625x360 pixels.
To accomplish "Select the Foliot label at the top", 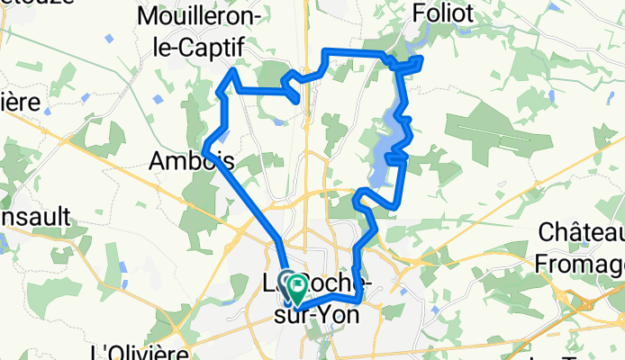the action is pos(442,14).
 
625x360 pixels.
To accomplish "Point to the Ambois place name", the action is pos(191,161).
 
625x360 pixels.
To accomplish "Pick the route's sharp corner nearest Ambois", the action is pos(207,146).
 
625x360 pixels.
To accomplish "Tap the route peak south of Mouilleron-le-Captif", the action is pos(234,69).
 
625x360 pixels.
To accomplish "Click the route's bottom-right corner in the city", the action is pos(359,300).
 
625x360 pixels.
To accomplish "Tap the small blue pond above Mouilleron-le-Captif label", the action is pos(109,37).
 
